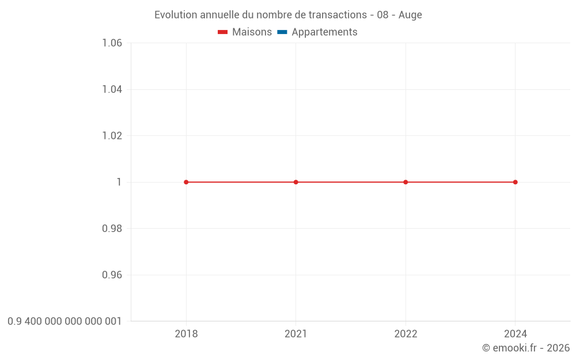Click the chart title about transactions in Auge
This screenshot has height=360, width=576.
[x=288, y=15]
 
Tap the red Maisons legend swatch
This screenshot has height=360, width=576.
[x=223, y=32]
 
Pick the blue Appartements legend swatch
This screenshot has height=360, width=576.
[x=282, y=32]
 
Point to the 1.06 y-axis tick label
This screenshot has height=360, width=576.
[x=112, y=43]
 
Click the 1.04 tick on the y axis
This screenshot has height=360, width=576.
[x=112, y=89]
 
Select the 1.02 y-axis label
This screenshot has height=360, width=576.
[x=112, y=136]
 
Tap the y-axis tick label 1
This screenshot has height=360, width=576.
[x=119, y=182]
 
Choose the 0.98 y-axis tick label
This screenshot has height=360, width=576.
[x=112, y=229]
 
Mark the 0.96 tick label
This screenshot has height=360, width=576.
[x=112, y=275]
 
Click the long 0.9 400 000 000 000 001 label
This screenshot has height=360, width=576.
[x=65, y=321]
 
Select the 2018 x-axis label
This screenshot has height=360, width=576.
[x=186, y=334]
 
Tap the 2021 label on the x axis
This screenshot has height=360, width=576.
[x=296, y=334]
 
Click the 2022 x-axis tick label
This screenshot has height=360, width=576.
[x=406, y=334]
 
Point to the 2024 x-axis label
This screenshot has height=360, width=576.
[x=515, y=334]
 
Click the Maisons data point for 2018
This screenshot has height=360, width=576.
[x=186, y=182]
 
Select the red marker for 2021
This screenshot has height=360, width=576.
[x=296, y=182]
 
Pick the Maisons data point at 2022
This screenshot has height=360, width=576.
[x=406, y=182]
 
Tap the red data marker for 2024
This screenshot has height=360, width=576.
[x=515, y=182]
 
